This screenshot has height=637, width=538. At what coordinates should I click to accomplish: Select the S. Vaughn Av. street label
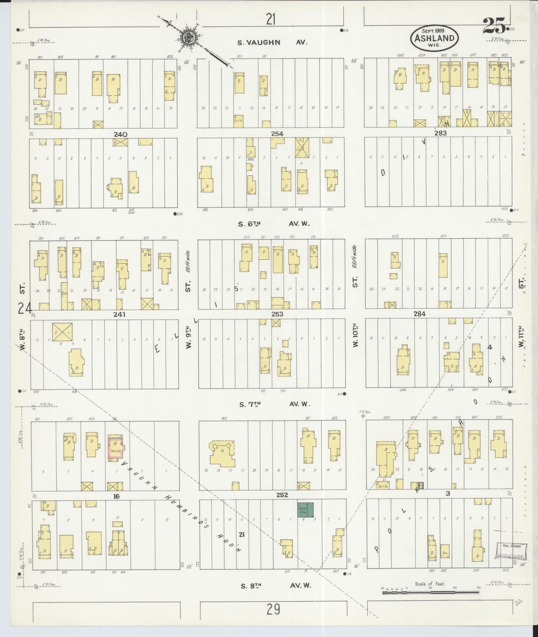(x=272, y=42)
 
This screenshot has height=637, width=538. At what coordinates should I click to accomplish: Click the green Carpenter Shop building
(x=305, y=519)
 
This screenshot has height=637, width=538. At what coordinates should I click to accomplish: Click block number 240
(x=120, y=134)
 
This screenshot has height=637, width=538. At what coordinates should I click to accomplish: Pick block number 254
(x=277, y=134)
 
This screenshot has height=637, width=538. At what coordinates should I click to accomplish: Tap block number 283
(x=440, y=133)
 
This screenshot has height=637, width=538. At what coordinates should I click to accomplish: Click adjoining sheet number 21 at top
(x=271, y=20)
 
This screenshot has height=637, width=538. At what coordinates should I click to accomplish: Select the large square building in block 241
(x=62, y=332)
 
